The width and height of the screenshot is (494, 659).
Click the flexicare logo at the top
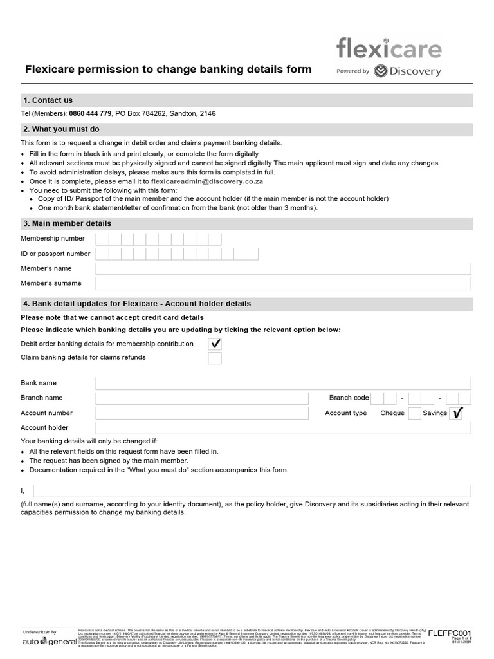(x=389, y=49)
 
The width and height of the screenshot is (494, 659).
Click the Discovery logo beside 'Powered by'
(x=407, y=71)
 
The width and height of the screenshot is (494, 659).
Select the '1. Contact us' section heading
(x=48, y=100)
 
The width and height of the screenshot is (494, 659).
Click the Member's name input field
(x=283, y=268)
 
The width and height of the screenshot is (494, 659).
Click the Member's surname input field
(x=283, y=283)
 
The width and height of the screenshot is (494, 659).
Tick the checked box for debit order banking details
(x=215, y=344)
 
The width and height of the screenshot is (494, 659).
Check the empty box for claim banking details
(x=215, y=358)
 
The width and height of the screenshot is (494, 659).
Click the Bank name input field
(x=283, y=383)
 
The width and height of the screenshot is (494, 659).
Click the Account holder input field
(x=283, y=428)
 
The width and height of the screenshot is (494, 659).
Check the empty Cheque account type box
(x=415, y=413)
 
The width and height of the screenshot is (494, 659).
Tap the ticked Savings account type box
(x=457, y=413)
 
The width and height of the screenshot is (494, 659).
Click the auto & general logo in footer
(x=49, y=641)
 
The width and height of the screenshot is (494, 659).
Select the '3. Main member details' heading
(x=67, y=223)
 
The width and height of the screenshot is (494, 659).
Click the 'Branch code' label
(x=349, y=398)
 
